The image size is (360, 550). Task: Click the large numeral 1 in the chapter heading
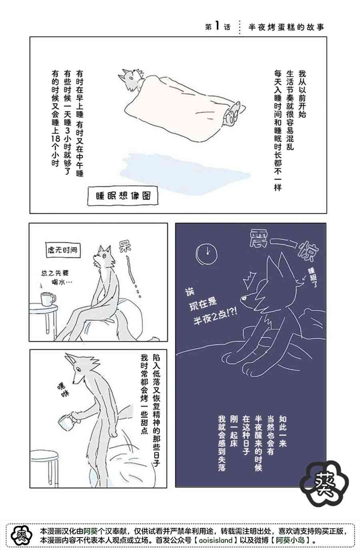click(x=216, y=26)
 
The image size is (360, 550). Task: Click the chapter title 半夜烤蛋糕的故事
click(x=286, y=27)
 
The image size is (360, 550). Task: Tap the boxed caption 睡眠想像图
click(x=123, y=196)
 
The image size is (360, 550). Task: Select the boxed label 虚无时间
click(x=63, y=250)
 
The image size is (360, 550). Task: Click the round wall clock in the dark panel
click(x=207, y=254)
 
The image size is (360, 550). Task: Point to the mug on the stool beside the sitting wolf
click(x=48, y=299)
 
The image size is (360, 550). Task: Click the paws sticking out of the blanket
click(x=233, y=114)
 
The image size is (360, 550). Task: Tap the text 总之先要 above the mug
click(x=55, y=273)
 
